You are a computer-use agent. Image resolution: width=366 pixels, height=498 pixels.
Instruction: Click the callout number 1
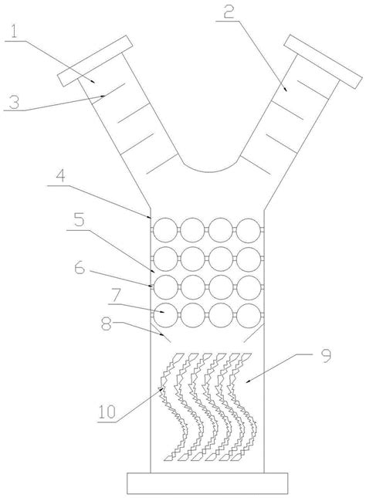pos(14,32)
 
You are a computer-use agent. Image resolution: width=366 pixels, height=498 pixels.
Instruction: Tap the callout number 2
pos(229,12)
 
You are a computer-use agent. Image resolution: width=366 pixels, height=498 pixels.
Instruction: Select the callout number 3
pos(14,103)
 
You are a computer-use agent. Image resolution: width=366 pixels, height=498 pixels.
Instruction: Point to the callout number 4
pos(60,176)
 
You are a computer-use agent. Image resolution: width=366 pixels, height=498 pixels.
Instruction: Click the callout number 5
pos(79,220)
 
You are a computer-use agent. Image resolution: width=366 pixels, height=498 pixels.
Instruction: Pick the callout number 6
pos(80,268)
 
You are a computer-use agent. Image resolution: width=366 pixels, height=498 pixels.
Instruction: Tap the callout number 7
pos(115,296)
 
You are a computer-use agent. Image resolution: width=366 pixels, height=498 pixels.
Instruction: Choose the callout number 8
pos(107,324)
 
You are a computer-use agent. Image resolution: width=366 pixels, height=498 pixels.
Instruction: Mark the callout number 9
pos(326,356)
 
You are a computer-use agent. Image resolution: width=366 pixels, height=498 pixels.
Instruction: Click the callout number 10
pos(107,412)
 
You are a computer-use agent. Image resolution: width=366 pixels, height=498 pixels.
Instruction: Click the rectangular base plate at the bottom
pos(208,483)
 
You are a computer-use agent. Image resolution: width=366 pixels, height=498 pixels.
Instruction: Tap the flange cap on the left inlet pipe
pos(94,60)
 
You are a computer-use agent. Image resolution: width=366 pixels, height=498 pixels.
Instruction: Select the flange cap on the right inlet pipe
pos(323,61)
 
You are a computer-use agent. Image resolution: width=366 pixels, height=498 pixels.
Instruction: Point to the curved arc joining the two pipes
pos(210,172)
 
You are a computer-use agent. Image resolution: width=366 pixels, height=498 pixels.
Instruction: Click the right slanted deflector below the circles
pos(253,334)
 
